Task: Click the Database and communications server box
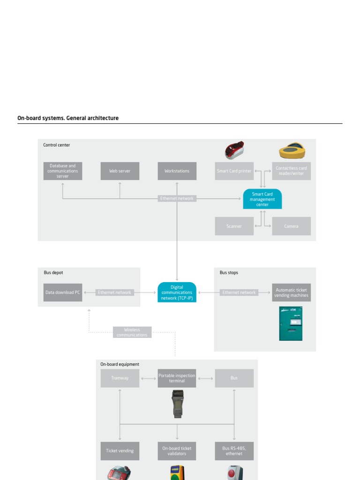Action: [63, 171]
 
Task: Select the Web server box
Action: [120, 171]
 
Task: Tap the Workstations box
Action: [177, 171]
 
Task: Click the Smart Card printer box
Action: [234, 171]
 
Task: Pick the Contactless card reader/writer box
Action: [291, 171]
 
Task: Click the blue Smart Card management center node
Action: [262, 199]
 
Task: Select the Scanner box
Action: [234, 226]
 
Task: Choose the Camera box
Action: [291, 226]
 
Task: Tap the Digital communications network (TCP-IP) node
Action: [177, 292]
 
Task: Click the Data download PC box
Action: [63, 292]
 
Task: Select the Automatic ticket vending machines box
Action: [291, 292]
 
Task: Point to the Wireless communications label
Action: [132, 332]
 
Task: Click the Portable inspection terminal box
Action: [177, 378]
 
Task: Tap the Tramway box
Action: [120, 378]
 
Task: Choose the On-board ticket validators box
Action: [177, 451]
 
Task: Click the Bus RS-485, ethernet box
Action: [234, 451]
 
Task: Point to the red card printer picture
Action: [234, 150]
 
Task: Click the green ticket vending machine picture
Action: [291, 323]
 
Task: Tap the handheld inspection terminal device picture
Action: [178, 404]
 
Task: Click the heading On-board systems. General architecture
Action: [68, 118]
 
